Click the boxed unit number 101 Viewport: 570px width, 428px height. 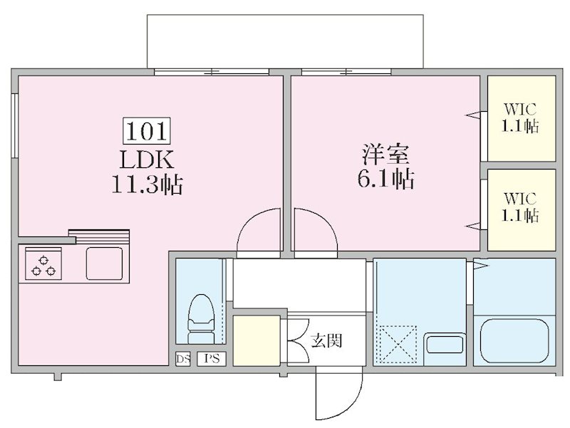coord(147,130)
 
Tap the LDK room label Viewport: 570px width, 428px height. coord(147,158)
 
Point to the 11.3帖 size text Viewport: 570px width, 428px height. coord(147,186)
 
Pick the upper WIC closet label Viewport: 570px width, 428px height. coord(521,119)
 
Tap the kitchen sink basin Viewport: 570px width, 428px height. coord(104,263)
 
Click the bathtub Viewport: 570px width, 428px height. coord(514,341)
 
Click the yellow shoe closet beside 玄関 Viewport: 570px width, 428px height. coord(256,340)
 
